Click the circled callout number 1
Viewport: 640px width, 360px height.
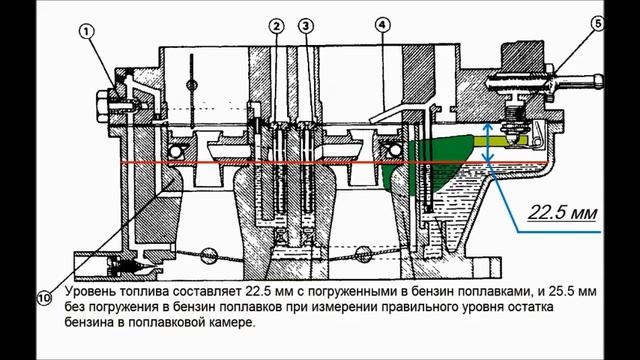87,32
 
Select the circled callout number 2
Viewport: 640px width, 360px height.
276,26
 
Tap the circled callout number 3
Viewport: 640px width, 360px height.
306,26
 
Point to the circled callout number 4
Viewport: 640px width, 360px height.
382,25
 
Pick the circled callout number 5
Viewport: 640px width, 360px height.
598,24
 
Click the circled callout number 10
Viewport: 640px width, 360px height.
44,297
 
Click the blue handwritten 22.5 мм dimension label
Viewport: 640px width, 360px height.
562,213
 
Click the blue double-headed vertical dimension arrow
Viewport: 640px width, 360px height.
488,143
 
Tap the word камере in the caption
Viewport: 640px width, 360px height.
228,322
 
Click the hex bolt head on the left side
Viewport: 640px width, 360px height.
102,105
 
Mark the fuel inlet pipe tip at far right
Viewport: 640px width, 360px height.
599,81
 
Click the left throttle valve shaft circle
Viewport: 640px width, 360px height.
208,255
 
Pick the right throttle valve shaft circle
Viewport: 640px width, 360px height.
363,254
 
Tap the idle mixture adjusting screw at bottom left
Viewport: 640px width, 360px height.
131,267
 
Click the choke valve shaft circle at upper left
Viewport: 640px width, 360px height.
192,86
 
